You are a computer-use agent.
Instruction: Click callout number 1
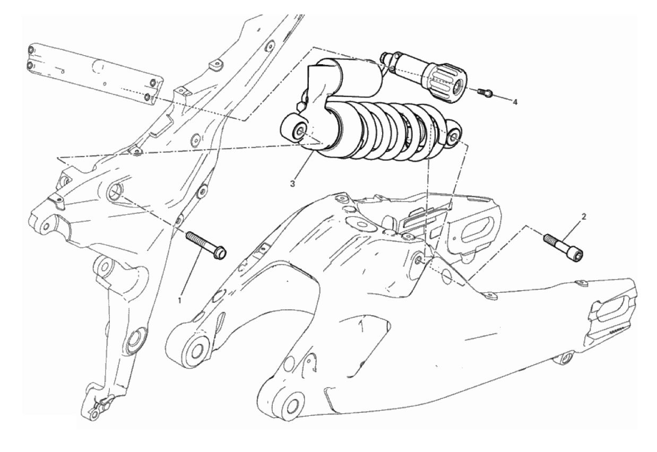coord(180,300)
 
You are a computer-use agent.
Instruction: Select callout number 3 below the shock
coord(293,184)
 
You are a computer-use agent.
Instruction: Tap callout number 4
coord(515,102)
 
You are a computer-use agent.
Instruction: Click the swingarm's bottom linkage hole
coord(292,406)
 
